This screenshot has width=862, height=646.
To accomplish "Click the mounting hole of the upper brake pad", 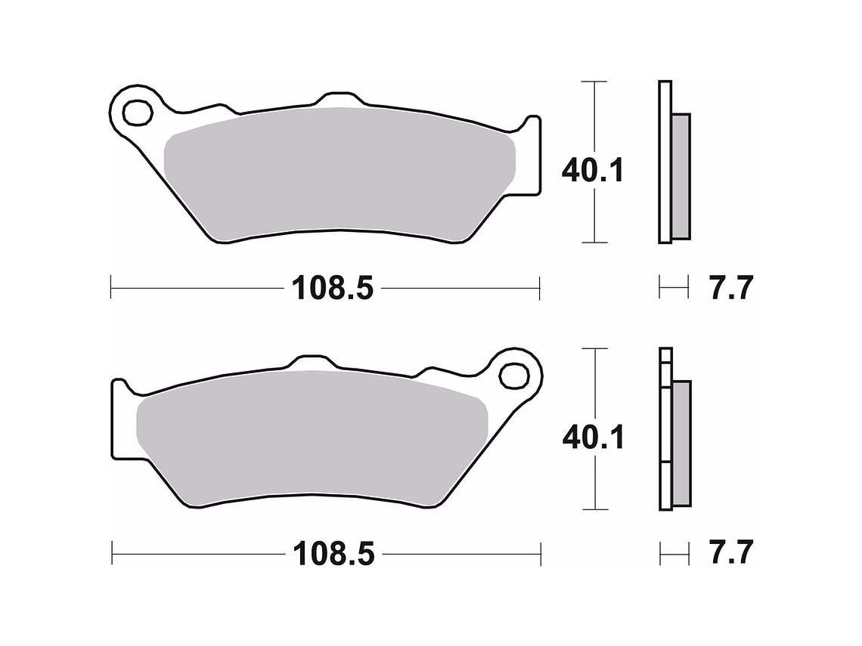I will click(x=137, y=113).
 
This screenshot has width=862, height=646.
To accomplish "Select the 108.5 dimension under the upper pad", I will click(x=333, y=288).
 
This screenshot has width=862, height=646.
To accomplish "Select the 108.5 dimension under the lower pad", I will click(x=333, y=555).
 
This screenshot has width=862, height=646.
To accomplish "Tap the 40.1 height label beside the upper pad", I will click(x=592, y=172).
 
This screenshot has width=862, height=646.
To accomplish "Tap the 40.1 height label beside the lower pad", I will click(x=593, y=437).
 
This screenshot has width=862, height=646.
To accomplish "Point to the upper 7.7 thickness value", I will click(x=730, y=288).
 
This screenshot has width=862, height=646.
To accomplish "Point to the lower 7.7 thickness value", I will click(x=730, y=554).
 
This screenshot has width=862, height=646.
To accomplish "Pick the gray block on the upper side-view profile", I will click(x=681, y=175).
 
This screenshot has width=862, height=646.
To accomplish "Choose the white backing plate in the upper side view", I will click(x=665, y=162).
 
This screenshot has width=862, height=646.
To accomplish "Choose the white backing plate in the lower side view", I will click(x=665, y=431).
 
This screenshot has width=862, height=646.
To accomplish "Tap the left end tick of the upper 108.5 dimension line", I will click(x=111, y=287).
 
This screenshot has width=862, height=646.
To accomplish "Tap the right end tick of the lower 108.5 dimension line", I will click(x=541, y=554).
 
